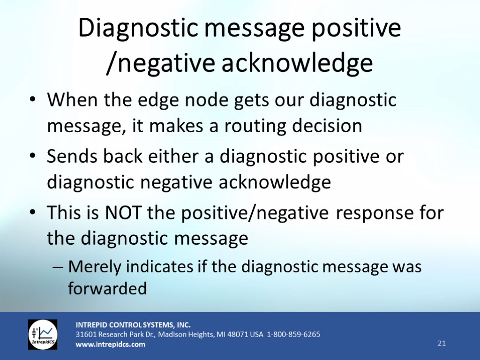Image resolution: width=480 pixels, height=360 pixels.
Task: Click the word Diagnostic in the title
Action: tap(138, 28)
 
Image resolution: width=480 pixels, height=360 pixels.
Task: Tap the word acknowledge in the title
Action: tap(297, 63)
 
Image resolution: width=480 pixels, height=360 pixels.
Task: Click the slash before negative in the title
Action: tap(112, 63)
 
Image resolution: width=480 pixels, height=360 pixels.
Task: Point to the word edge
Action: tap(157, 100)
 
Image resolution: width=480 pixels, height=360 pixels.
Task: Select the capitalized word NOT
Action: tap(123, 212)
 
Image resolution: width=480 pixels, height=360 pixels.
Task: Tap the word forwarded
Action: tap(107, 288)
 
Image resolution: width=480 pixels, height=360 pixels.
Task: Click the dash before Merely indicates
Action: tap(58, 267)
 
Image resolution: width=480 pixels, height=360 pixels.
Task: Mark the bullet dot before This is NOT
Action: tap(32, 212)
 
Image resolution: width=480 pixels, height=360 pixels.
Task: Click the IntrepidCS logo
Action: tap(43, 335)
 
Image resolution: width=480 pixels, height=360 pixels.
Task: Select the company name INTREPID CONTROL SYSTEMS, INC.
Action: tap(133, 325)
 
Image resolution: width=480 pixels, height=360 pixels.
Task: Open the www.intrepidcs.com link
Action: tap(111, 345)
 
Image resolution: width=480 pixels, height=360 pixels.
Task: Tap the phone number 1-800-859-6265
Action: tap(293, 334)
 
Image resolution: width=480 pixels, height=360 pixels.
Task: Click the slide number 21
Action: tap(442, 343)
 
